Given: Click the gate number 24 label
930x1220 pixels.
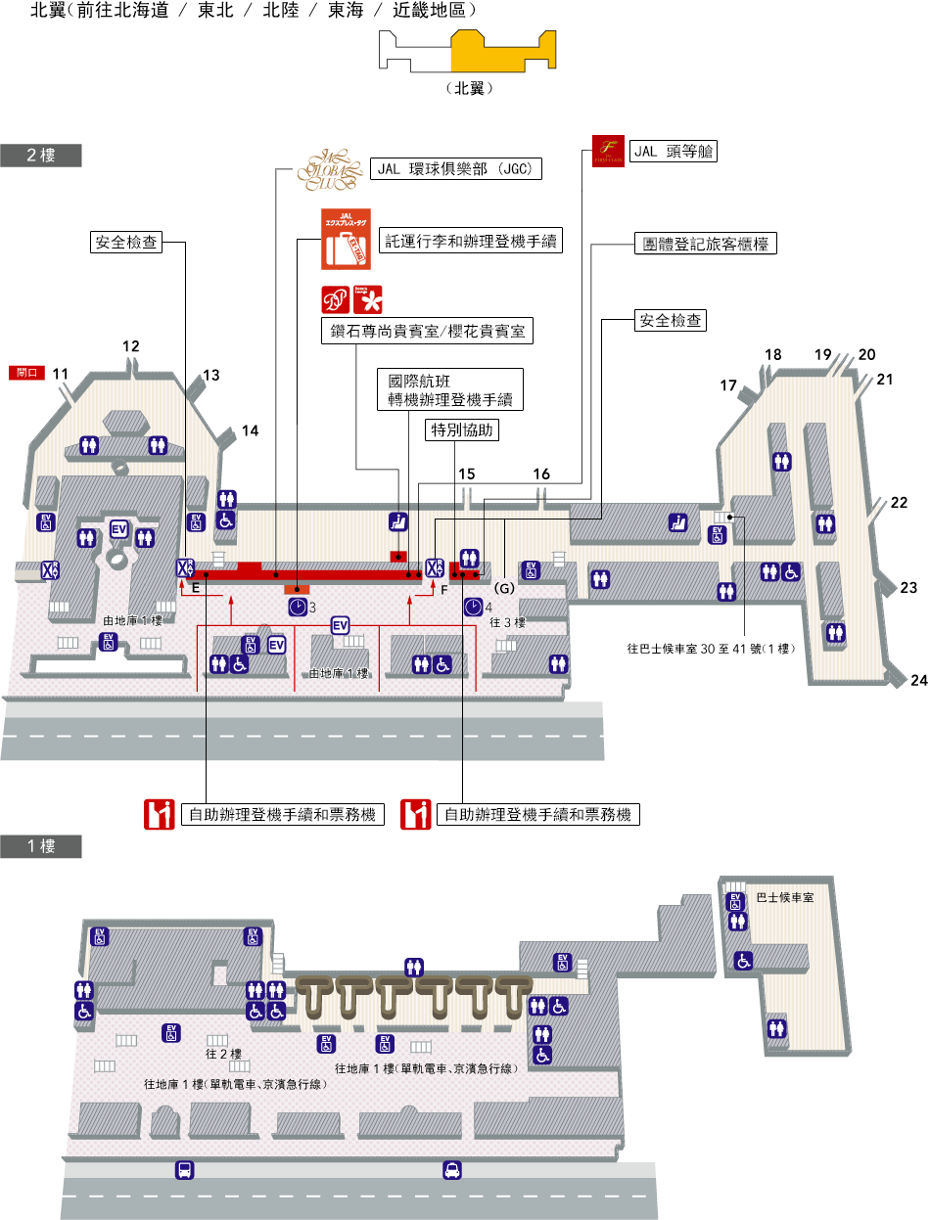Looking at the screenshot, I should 918,680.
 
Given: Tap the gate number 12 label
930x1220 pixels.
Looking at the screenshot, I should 131,345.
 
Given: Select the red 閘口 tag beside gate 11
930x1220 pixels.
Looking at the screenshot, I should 26,373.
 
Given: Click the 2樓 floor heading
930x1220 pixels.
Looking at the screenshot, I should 40,156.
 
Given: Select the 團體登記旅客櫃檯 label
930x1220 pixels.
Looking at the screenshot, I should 705,244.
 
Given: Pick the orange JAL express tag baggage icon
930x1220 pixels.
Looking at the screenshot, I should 346,239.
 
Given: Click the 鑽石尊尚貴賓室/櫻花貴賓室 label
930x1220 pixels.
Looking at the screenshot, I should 427,332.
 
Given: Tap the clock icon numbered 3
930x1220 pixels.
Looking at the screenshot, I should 298,608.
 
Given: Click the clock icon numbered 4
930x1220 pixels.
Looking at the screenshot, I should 473,608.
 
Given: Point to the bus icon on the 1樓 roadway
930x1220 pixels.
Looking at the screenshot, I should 183,1169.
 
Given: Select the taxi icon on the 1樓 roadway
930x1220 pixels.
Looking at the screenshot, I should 451,1169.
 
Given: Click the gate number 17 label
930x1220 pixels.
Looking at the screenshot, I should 727,385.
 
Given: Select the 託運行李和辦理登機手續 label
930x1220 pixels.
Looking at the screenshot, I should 471,241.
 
